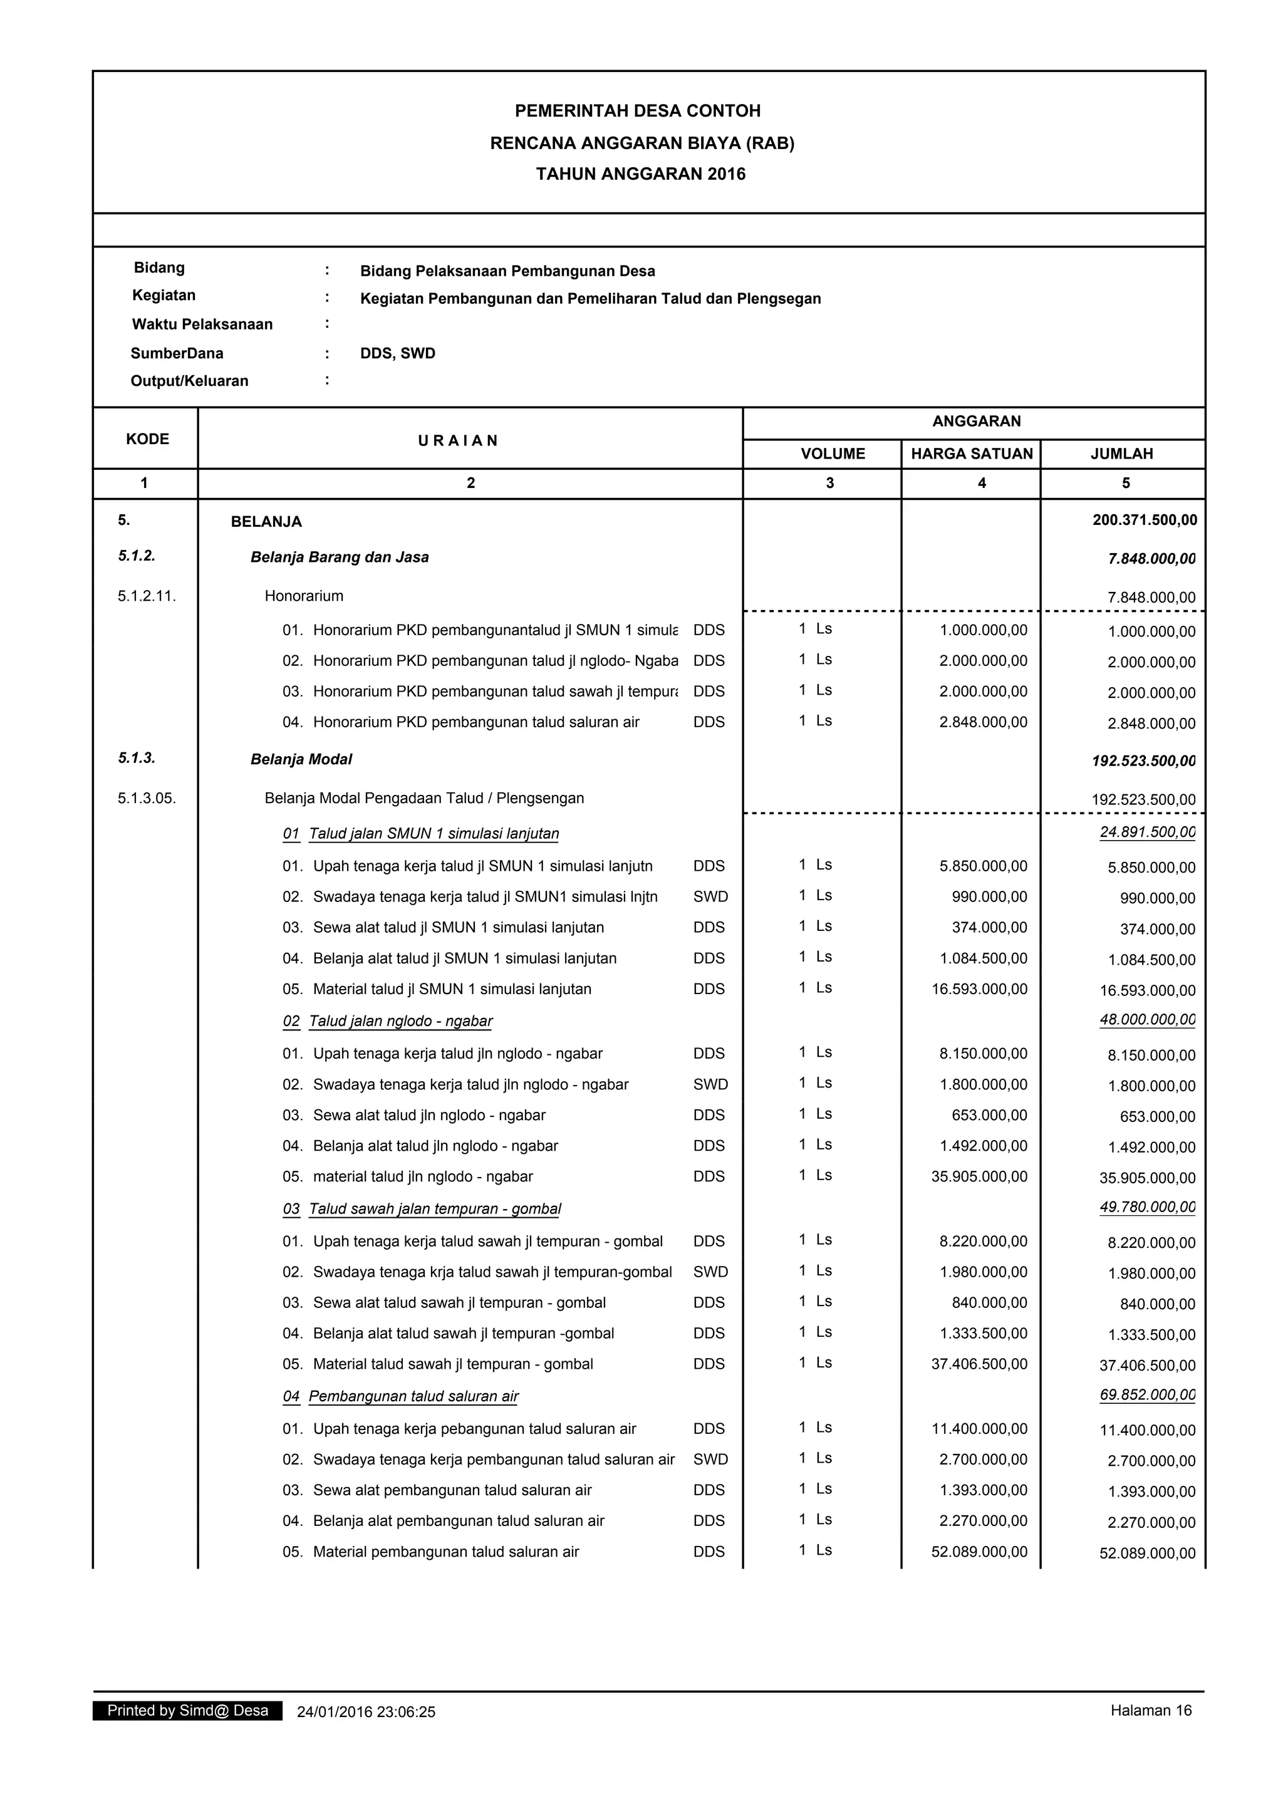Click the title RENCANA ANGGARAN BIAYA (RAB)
(x=641, y=143)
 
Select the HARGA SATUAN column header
(x=972, y=454)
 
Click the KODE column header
(x=147, y=439)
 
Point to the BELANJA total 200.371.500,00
(x=1145, y=521)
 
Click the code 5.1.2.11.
(x=147, y=596)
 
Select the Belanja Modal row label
(x=301, y=759)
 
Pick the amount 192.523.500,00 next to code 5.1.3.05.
(x=1143, y=800)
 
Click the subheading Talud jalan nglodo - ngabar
(x=400, y=1021)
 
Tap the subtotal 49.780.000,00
(x=1147, y=1207)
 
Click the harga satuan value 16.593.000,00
(x=979, y=988)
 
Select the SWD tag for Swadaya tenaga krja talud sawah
(x=710, y=1272)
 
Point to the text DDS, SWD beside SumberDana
(x=397, y=353)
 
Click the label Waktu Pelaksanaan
(x=202, y=324)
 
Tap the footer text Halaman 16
(x=1150, y=1711)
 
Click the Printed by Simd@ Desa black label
(x=187, y=1711)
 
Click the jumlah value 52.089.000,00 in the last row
(x=1147, y=1554)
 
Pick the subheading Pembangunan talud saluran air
(x=413, y=1396)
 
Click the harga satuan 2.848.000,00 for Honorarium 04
(x=983, y=722)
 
